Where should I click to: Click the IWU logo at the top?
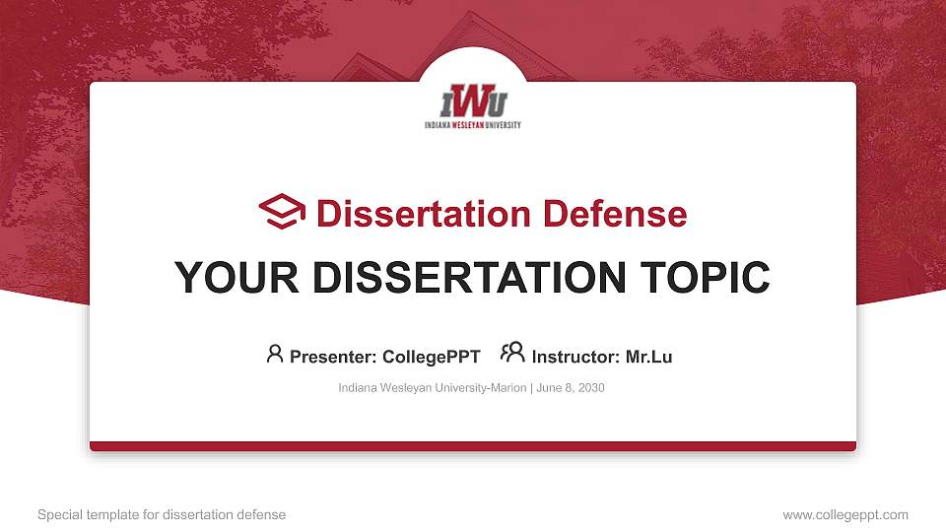pos(473,101)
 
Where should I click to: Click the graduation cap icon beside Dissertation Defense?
pos(282,212)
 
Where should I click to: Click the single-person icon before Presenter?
pos(275,353)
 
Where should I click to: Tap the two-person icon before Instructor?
pos(512,353)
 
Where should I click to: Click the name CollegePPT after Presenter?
pos(431,357)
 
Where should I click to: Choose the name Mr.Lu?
pos(648,357)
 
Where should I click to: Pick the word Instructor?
pos(575,357)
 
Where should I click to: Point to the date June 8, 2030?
pos(570,388)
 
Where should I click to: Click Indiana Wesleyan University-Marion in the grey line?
pos(432,388)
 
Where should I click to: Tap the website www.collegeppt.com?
pos(845,514)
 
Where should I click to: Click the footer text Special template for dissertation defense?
pos(162,514)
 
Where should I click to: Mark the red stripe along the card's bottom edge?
pos(473,446)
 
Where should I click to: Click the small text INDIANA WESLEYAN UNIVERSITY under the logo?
pos(473,125)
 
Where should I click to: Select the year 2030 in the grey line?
pos(591,388)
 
